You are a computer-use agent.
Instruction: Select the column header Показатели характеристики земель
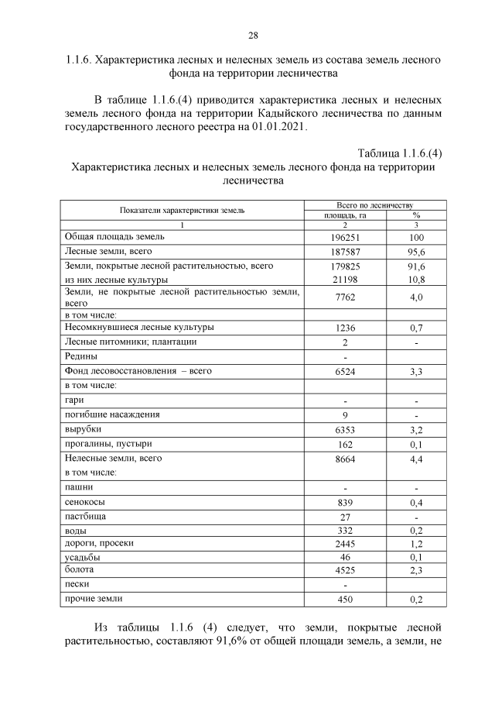tap(182, 210)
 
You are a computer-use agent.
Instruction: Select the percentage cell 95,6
tap(416, 252)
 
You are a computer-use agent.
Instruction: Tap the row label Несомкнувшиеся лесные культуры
tap(138, 328)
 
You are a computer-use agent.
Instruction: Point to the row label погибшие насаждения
tap(112, 414)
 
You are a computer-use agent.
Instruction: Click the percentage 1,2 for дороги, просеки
tap(416, 545)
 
